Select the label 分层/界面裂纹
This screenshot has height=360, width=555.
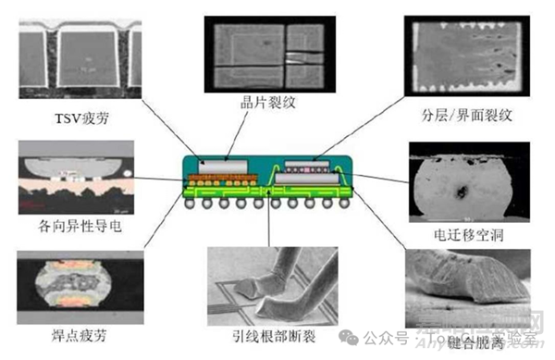(x=465, y=117)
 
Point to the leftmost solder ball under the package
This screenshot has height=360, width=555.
(x=191, y=203)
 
